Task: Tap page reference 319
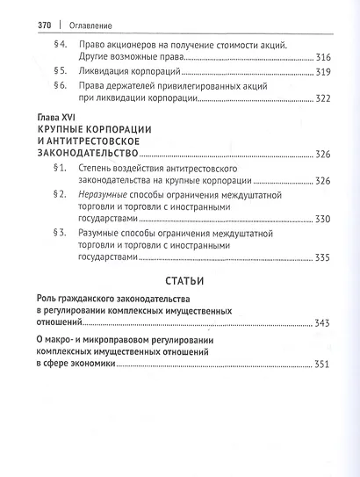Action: click(318, 71)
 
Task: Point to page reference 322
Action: click(318, 98)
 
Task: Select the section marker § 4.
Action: click(61, 44)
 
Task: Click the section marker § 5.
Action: click(61, 71)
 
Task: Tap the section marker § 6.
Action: click(61, 86)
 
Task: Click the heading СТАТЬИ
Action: click(181, 282)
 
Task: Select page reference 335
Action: click(318, 258)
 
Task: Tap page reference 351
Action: click(318, 364)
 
